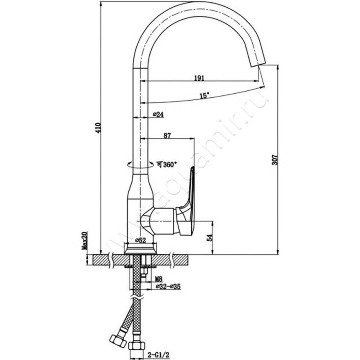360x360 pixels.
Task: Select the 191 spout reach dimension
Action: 199,78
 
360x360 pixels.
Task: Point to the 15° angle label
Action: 204,96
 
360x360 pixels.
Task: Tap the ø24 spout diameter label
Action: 158,115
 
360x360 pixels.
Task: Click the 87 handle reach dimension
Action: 167,135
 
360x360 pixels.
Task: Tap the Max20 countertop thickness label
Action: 84,241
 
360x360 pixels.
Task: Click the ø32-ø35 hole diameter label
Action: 168,286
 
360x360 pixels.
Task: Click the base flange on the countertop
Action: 140,249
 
